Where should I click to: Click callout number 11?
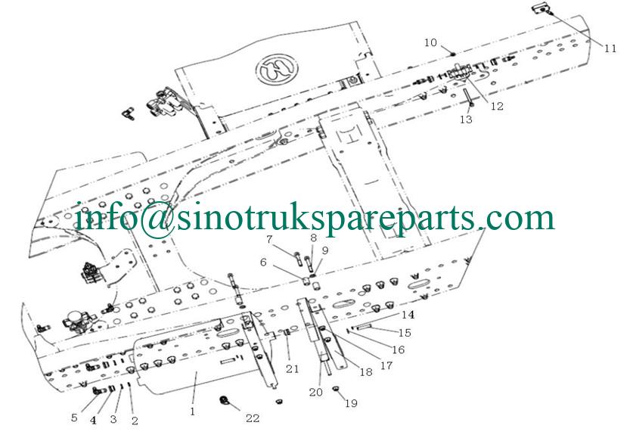(x=610, y=48)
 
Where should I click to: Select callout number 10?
(x=430, y=42)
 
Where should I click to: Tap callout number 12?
(x=497, y=106)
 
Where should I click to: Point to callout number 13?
(x=466, y=120)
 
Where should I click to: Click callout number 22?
(x=253, y=418)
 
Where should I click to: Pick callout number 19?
(x=351, y=403)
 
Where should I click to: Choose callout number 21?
(x=293, y=368)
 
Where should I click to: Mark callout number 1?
(x=192, y=411)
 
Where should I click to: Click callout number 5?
(x=74, y=418)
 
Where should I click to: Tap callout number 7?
(x=269, y=240)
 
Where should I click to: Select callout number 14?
(x=408, y=315)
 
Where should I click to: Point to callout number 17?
(x=386, y=365)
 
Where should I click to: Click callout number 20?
(x=316, y=392)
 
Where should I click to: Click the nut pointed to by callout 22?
(x=224, y=400)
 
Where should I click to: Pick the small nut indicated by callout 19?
(x=336, y=388)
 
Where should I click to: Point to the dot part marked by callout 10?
(x=452, y=54)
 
